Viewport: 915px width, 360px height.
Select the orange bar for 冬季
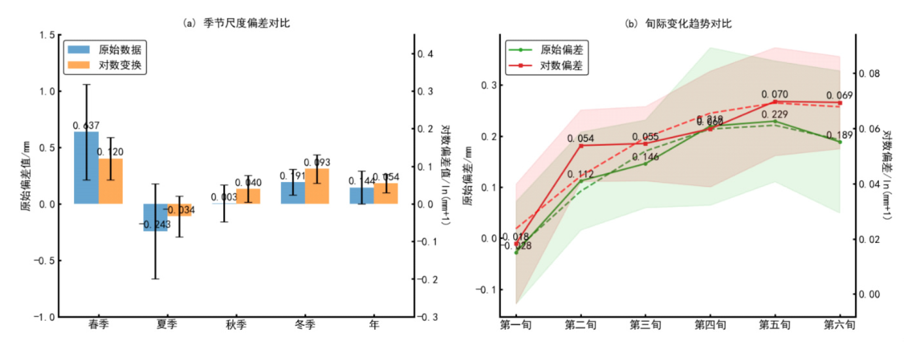[x=317, y=187]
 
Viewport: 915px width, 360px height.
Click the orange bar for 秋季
[x=248, y=196]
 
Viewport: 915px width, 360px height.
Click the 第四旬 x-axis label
[x=710, y=325]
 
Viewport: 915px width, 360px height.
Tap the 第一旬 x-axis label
[x=516, y=325]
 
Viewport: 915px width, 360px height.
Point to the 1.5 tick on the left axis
[x=46, y=35]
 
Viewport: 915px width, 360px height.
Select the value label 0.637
[x=86, y=125]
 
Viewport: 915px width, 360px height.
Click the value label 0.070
[x=775, y=95]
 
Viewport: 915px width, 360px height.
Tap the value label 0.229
[x=775, y=115]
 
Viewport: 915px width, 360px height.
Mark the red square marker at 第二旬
[x=581, y=145]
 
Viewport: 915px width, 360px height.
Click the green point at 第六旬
[x=840, y=141]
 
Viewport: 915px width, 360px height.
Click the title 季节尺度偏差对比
[x=236, y=23]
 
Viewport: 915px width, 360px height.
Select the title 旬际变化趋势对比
[x=678, y=24]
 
